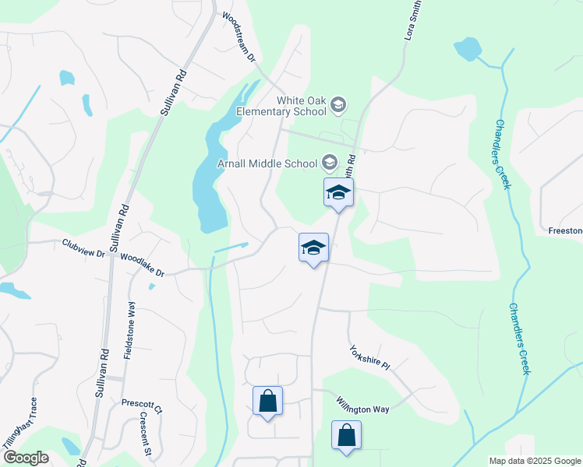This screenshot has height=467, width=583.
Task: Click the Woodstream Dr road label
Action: pyautogui.click(x=238, y=37)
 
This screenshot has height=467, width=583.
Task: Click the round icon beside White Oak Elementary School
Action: pyautogui.click(x=338, y=104)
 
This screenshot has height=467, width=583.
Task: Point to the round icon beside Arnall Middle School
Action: pyautogui.click(x=329, y=162)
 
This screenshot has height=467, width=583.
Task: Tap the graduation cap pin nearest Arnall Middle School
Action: pyautogui.click(x=339, y=192)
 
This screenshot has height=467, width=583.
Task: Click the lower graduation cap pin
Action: pyautogui.click(x=313, y=248)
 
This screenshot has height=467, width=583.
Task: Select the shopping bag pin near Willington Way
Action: pyautogui.click(x=347, y=435)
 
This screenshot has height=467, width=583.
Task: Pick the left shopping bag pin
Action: pyautogui.click(x=267, y=402)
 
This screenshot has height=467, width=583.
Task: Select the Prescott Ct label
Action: pyautogui.click(x=142, y=405)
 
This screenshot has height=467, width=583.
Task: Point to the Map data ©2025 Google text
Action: pyautogui.click(x=534, y=461)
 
